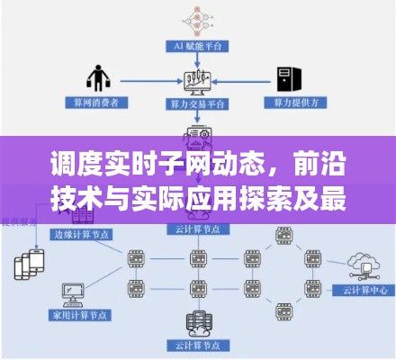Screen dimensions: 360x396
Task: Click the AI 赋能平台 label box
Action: point(197,45)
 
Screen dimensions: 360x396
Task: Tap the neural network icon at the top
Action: point(197,16)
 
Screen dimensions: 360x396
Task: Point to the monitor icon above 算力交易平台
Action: point(197,82)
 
